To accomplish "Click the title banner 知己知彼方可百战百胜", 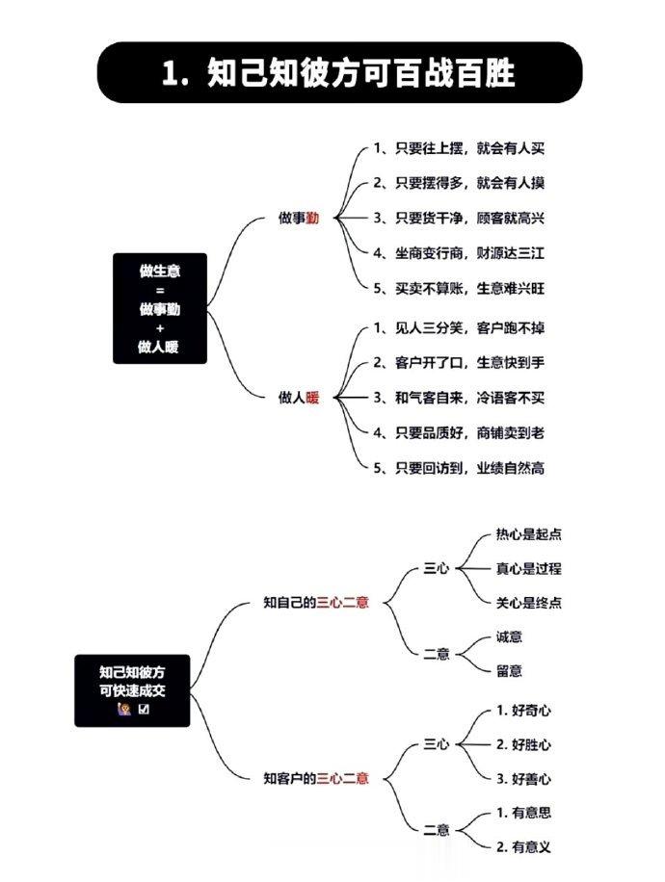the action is point(339,72).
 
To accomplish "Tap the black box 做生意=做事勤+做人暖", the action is point(160,308).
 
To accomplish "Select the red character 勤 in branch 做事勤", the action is point(312,218).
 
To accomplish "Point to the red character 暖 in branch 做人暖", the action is point(312,398).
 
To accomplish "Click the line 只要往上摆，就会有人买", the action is point(459,148).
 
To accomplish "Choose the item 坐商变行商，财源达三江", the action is point(459,253).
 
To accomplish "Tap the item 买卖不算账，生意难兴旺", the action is point(459,288).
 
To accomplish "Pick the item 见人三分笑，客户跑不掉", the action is point(459,328).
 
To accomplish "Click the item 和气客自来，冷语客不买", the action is point(459,398).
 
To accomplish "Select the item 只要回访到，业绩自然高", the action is point(459,467).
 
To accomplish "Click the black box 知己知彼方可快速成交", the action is point(132,690).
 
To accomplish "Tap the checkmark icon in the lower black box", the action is point(144,709).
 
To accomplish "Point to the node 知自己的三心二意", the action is point(316,603).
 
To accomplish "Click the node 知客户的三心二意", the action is point(316,779).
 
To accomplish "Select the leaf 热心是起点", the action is point(529,533).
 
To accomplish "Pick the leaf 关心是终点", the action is point(529,603).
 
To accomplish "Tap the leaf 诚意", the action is point(509,636).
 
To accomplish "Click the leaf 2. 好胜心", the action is point(523,744).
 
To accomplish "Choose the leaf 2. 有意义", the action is point(523,846).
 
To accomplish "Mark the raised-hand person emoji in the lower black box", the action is point(124,709).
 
